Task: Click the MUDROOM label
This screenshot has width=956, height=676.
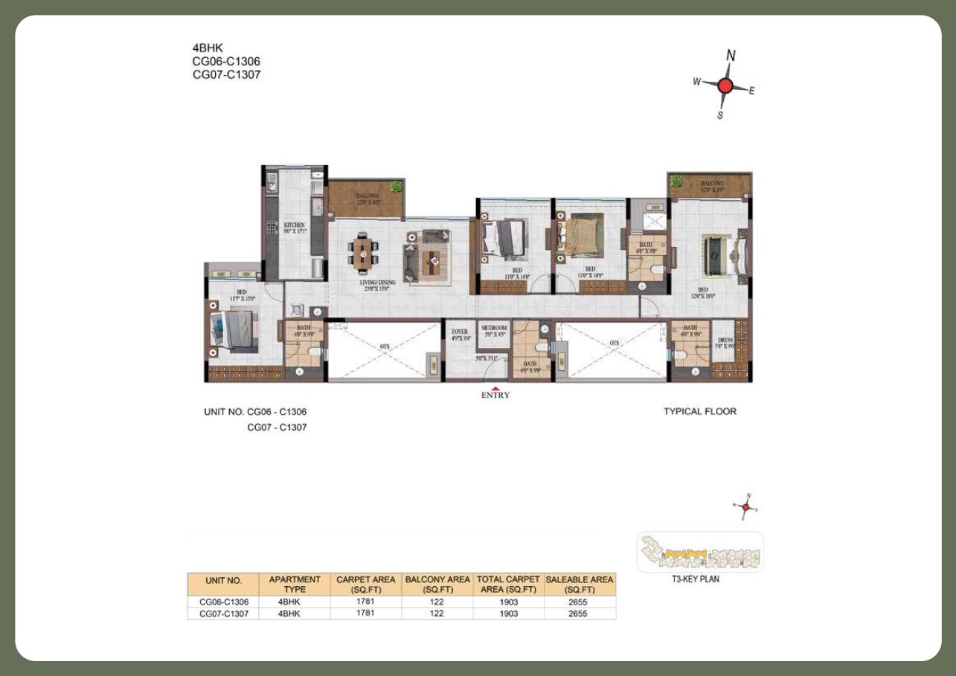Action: (494, 328)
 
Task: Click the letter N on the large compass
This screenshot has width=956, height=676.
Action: (731, 56)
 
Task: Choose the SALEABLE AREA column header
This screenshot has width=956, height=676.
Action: (580, 584)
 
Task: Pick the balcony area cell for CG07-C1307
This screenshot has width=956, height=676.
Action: (436, 614)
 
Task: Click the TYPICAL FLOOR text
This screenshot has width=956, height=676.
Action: (699, 411)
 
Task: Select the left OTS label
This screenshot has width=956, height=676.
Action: (385, 344)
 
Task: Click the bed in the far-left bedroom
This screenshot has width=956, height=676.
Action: (234, 330)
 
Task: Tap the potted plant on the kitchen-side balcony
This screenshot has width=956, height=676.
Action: (397, 187)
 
